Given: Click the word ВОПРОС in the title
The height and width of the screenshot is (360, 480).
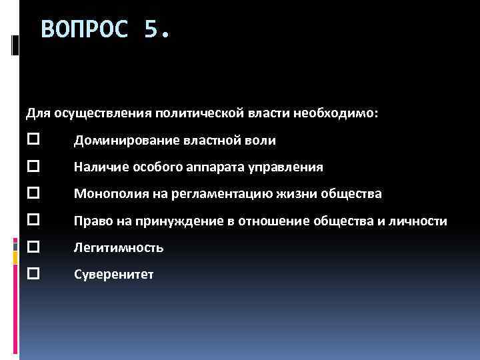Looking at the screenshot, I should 83,29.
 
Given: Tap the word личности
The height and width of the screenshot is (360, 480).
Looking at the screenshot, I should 422,221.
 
